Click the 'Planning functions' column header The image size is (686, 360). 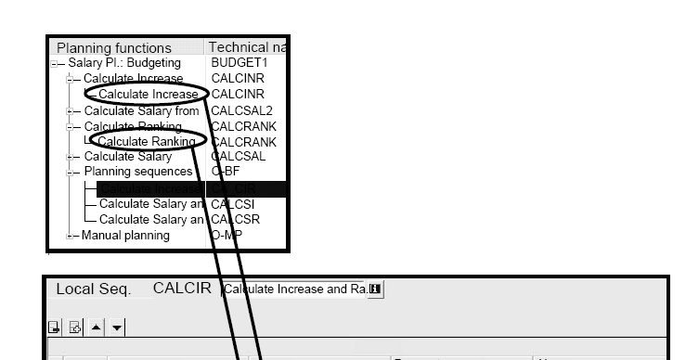114,47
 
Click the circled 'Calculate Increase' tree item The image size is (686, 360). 148,94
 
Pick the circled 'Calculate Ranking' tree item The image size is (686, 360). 147,141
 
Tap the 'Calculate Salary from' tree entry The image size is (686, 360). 141,110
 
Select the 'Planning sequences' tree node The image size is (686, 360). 137,172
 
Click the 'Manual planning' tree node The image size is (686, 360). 125,235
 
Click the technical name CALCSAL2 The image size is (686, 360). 241,110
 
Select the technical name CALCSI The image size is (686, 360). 234,203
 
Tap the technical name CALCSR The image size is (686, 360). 236,219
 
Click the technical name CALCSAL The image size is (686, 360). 239,156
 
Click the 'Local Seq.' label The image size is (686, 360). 93,289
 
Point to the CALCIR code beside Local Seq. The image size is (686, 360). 182,289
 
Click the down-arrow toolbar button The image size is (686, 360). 117,327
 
